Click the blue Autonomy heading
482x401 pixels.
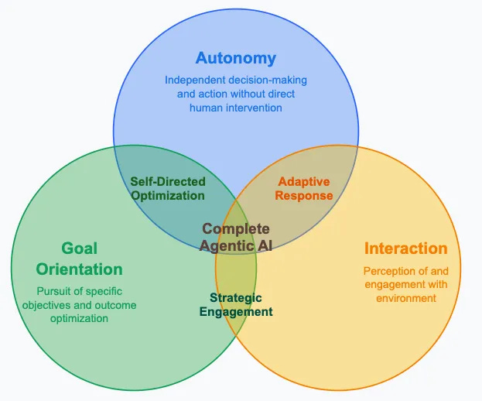tap(236, 58)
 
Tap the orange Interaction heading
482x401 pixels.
tap(405, 248)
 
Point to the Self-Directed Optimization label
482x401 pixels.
tap(167, 189)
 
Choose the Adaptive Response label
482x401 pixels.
tap(305, 189)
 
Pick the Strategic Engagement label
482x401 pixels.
tap(241, 305)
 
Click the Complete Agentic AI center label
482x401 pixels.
tap(236, 237)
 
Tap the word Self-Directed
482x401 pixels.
tap(167, 182)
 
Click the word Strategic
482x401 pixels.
tap(236, 298)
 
